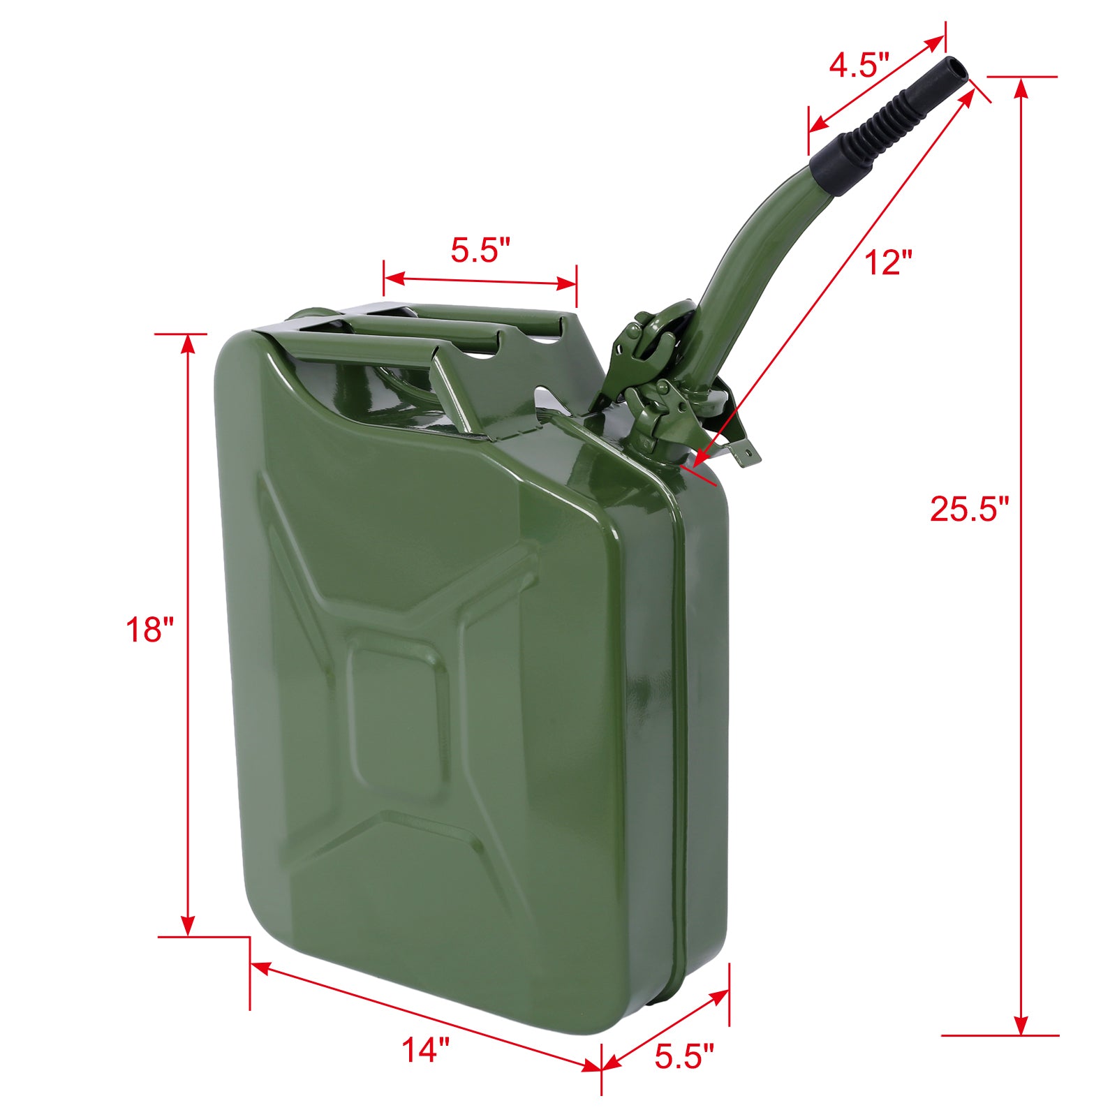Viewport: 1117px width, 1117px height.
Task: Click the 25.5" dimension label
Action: pos(969,508)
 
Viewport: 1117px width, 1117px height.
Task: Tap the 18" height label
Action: pos(149,630)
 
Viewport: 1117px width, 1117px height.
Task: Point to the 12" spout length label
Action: pos(888,263)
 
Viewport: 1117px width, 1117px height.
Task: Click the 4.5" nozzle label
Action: pos(859,66)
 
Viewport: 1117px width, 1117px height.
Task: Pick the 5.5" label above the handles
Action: pos(480,250)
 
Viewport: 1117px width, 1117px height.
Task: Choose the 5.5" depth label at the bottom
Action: pos(684,1056)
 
